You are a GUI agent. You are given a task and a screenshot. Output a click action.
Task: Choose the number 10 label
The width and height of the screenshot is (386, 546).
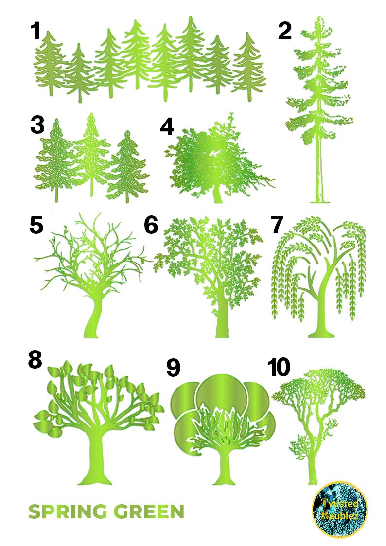point(279,368)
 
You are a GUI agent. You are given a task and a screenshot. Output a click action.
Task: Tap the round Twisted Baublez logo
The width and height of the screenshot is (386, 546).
point(339,509)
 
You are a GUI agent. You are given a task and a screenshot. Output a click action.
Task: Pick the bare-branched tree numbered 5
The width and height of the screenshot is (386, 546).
point(92,272)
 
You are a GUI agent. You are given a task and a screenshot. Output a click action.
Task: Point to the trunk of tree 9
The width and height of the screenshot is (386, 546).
point(223,467)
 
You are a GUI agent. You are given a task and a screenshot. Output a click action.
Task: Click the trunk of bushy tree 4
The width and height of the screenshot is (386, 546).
point(217,194)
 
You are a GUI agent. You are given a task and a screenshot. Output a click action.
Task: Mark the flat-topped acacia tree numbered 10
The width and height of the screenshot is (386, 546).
point(318,418)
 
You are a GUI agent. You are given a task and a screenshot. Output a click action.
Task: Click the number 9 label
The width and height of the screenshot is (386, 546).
point(174,368)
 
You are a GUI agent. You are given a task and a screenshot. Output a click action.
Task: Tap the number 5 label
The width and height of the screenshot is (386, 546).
point(36,225)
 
